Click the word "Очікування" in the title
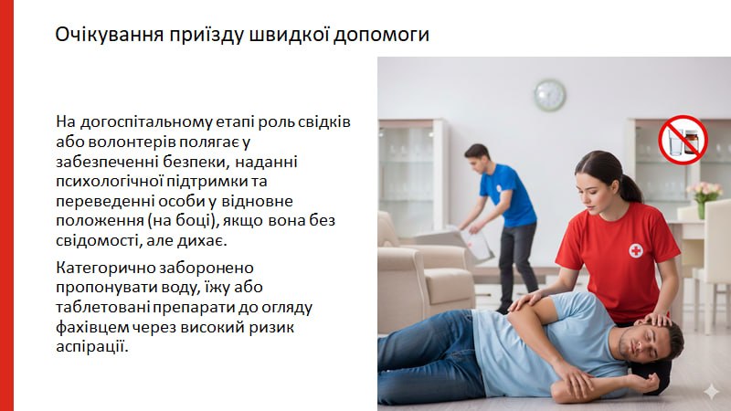pyautogui.click(x=110, y=35)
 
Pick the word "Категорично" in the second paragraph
pyautogui.click(x=105, y=269)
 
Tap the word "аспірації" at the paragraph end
pyautogui.click(x=91, y=347)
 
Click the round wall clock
pyautogui.click(x=550, y=95)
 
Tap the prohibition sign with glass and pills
pyautogui.click(x=683, y=140)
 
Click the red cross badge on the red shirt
pyautogui.click(x=635, y=250)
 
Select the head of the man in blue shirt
pyautogui.click(x=477, y=157)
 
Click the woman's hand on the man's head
pyautogui.click(x=656, y=319)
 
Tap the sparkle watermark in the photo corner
pyautogui.click(x=712, y=391)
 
